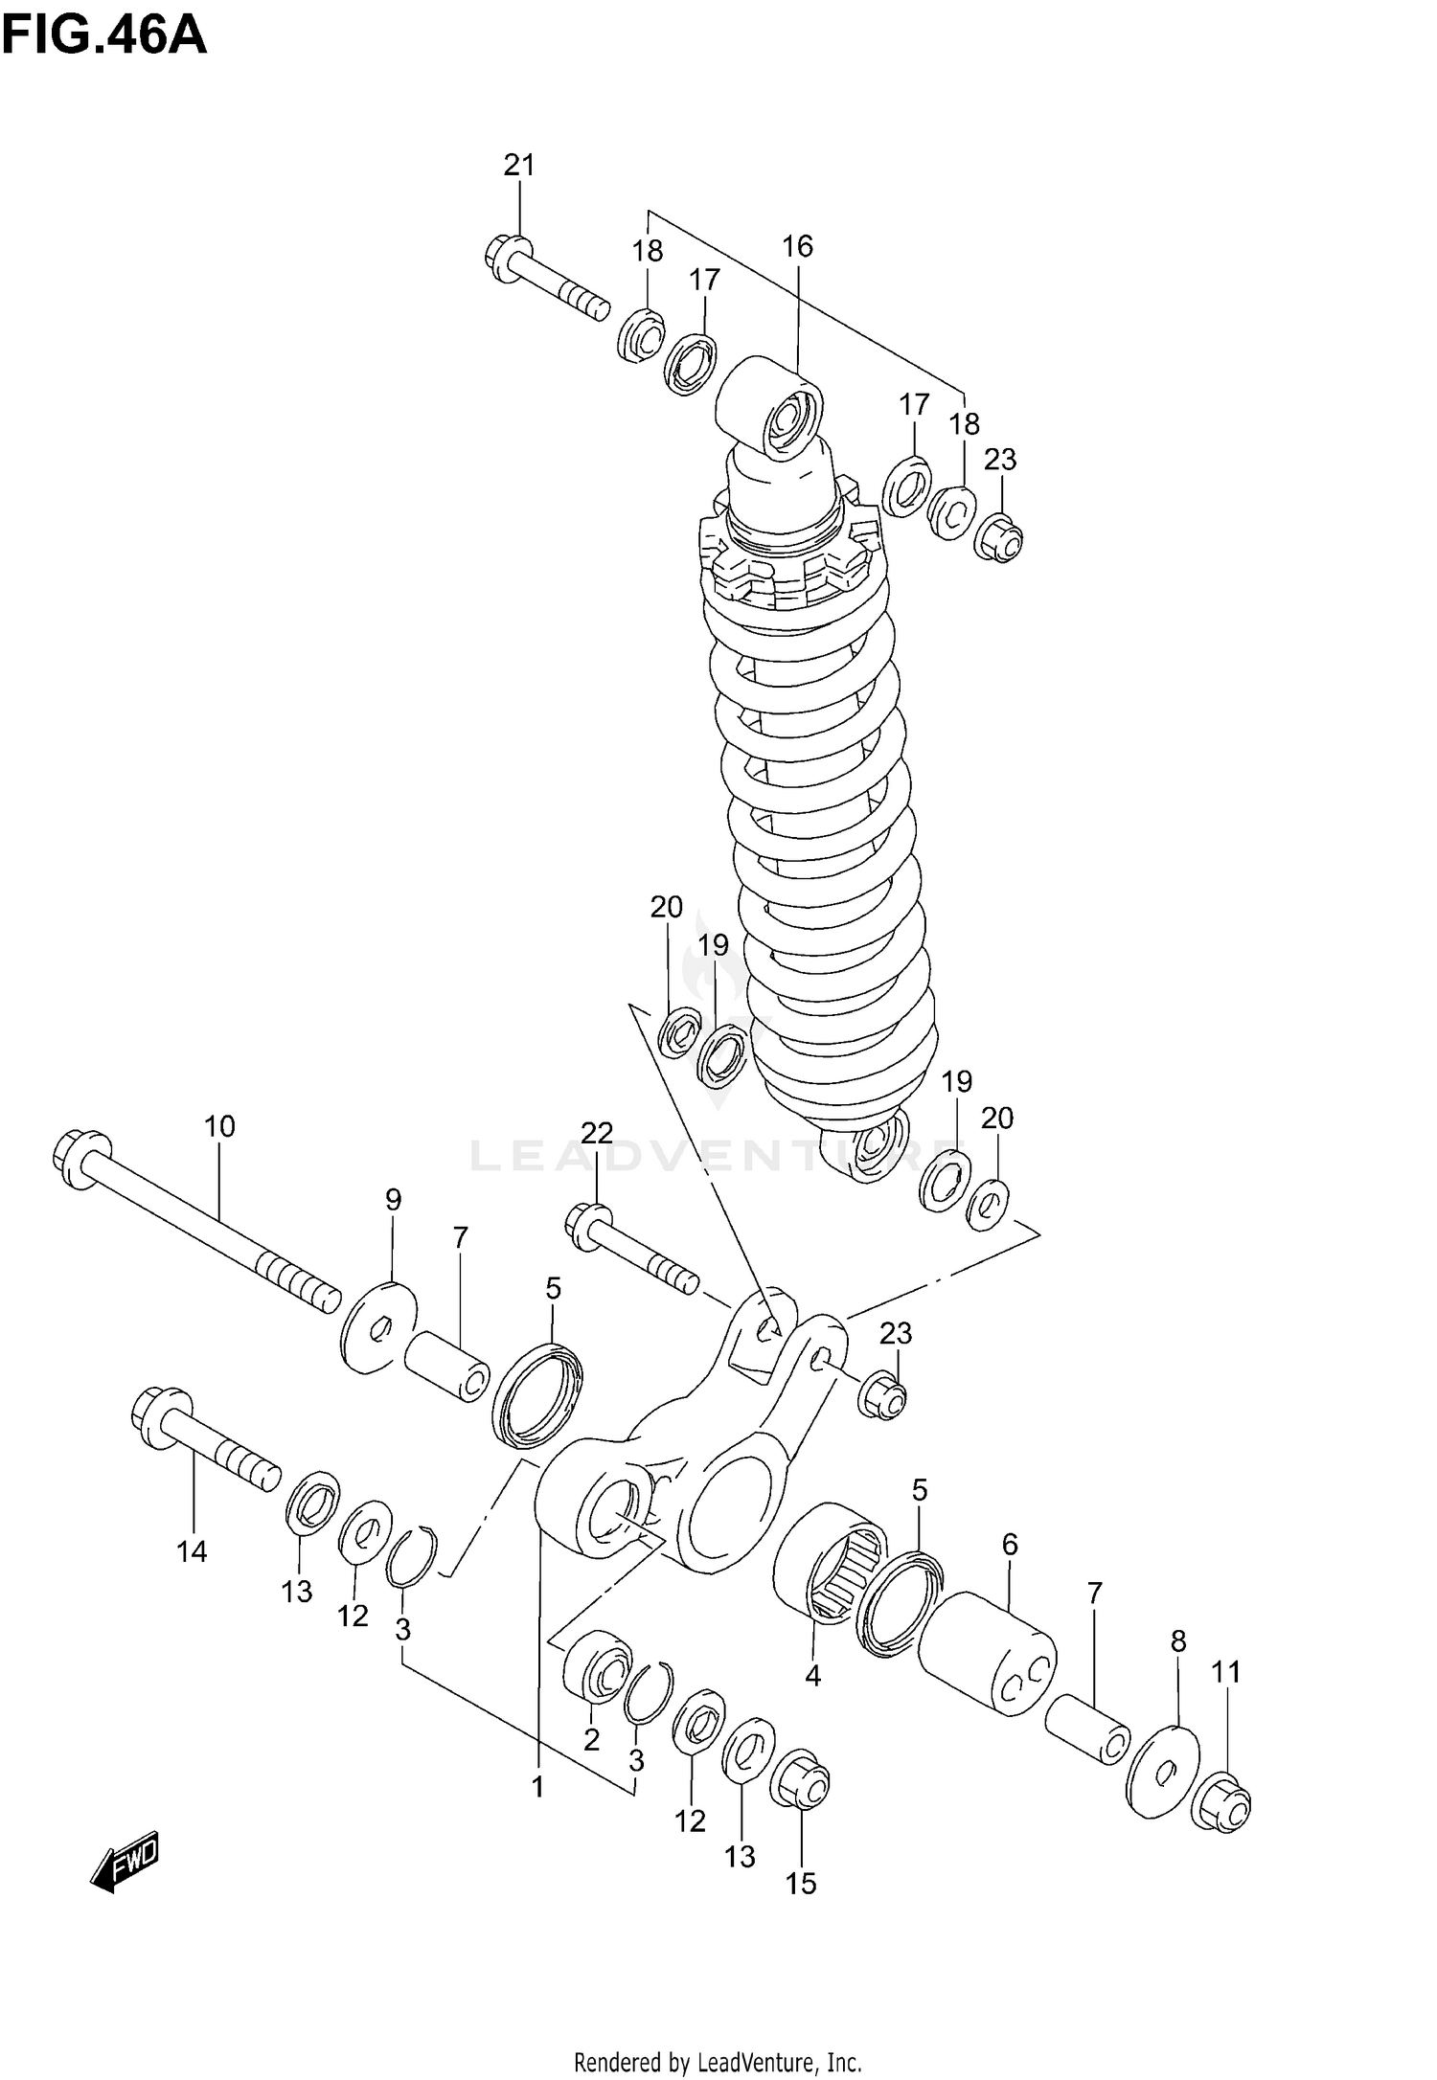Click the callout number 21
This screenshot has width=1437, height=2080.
point(519,165)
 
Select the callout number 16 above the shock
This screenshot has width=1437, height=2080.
point(797,246)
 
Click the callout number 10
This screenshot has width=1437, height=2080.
point(219,1126)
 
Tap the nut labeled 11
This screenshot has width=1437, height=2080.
point(1222,1803)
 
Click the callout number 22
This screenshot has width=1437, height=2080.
point(596,1134)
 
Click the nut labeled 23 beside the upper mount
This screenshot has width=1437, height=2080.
point(999,536)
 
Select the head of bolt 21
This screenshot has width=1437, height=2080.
point(504,257)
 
